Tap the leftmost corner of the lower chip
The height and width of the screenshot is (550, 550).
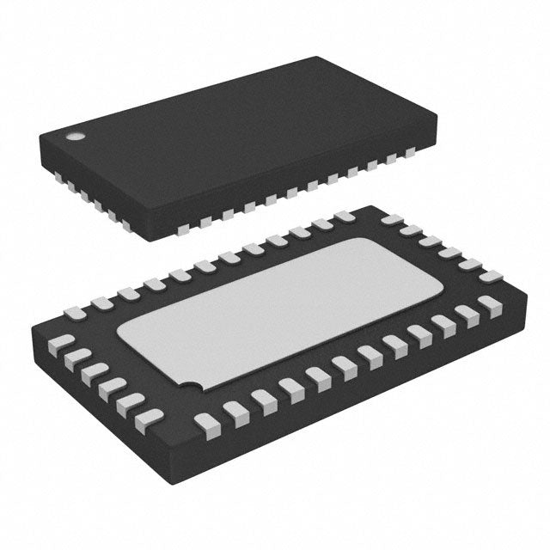coord(30,327)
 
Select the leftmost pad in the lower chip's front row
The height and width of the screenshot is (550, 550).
coord(206,422)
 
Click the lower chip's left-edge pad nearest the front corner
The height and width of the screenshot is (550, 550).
coord(150,419)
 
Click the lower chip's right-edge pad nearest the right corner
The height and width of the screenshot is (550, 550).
coord(491,277)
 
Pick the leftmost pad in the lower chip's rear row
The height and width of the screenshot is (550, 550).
coord(102,302)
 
